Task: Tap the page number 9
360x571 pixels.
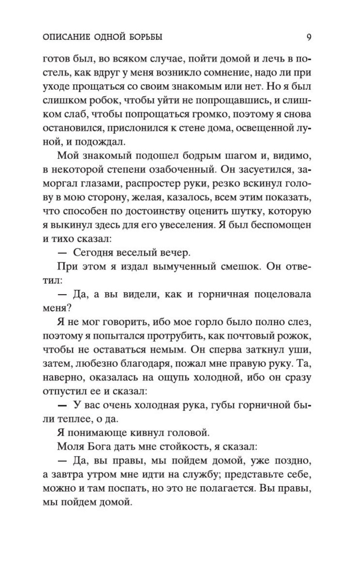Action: coord(309,37)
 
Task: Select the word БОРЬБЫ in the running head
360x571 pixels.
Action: coord(144,37)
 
